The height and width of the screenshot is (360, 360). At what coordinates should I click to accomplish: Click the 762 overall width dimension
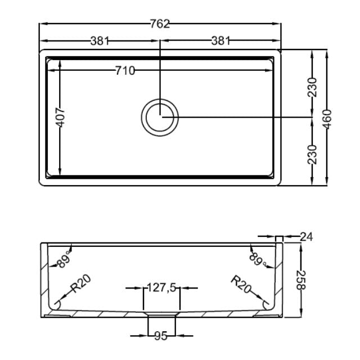pyautogui.click(x=160, y=24)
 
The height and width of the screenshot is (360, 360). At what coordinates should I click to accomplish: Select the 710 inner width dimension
pyautogui.click(x=124, y=70)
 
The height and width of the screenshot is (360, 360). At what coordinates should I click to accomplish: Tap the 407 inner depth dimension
pyautogui.click(x=61, y=118)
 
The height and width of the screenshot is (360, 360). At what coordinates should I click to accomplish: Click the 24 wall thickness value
pyautogui.click(x=305, y=237)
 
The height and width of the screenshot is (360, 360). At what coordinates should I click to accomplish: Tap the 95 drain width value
pyautogui.click(x=161, y=336)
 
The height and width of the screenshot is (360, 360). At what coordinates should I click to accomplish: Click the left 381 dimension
pyautogui.click(x=100, y=40)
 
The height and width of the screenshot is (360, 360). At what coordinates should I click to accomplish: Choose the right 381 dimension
pyautogui.click(x=221, y=40)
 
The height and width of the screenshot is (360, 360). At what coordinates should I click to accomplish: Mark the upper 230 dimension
pyautogui.click(x=313, y=87)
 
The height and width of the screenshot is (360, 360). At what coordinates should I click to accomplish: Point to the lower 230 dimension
pyautogui.click(x=313, y=154)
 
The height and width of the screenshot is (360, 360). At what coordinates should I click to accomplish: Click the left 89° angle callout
pyautogui.click(x=63, y=259)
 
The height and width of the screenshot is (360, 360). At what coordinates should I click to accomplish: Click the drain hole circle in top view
pyautogui.click(x=160, y=117)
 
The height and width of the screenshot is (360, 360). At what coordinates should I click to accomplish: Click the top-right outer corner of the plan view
pyautogui.click(x=280, y=51)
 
